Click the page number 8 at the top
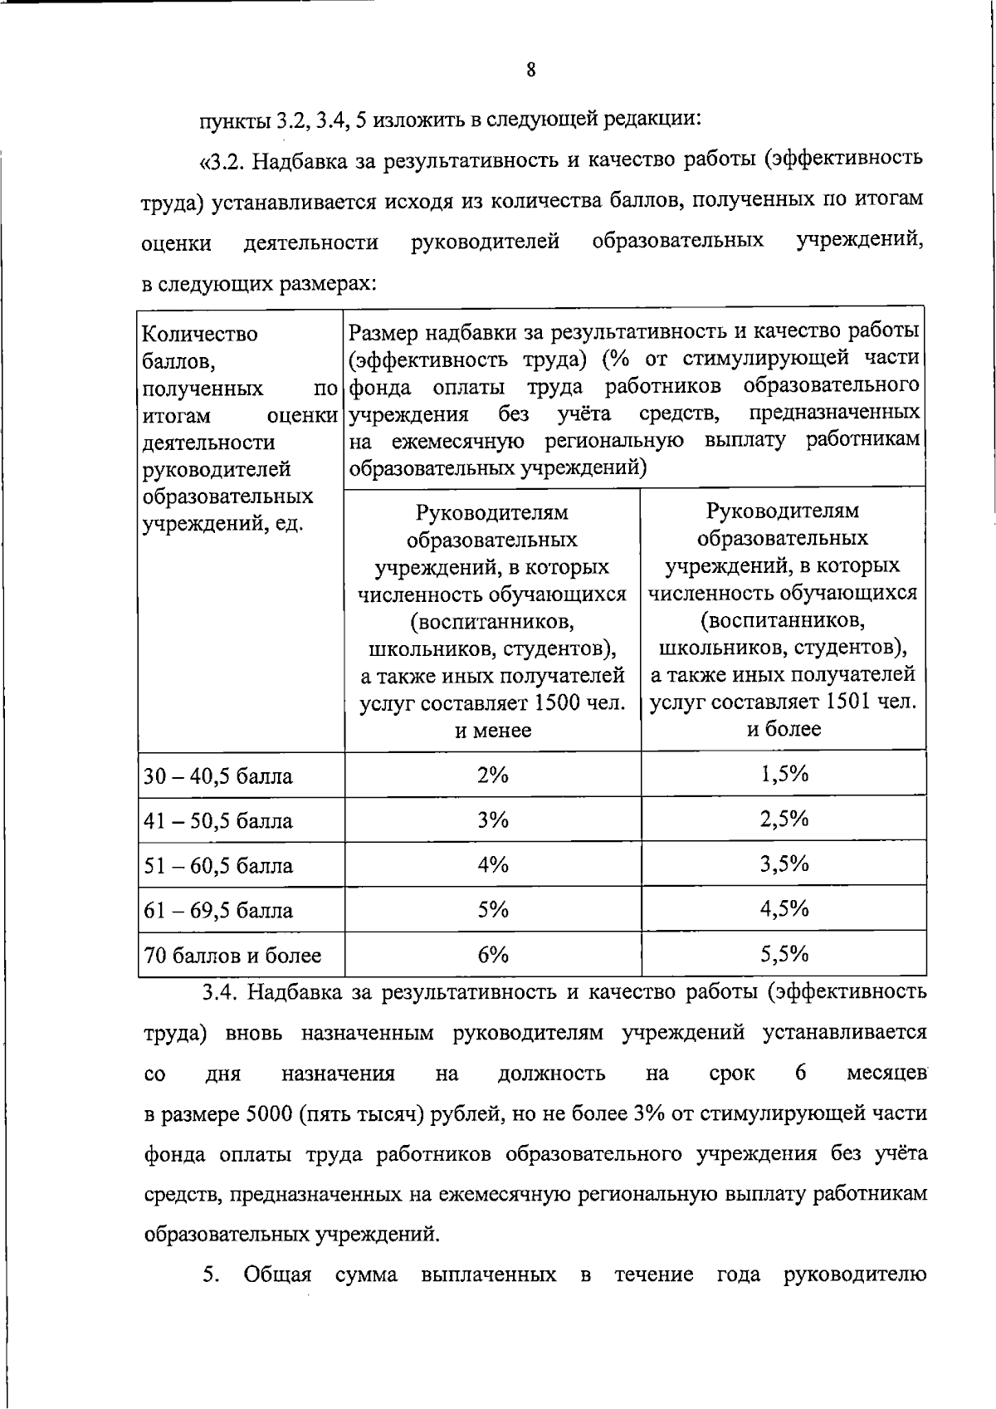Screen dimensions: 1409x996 point(531,71)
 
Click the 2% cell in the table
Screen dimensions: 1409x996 point(492,775)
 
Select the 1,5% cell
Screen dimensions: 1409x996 point(784,774)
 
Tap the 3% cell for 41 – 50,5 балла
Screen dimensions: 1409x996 point(492,819)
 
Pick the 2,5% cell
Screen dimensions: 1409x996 point(784,819)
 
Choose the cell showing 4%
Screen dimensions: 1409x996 point(492,864)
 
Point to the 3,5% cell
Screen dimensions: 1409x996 point(784,864)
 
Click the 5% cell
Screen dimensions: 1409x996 point(492,909)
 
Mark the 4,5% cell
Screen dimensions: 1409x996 point(784,908)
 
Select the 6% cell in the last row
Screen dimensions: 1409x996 point(492,954)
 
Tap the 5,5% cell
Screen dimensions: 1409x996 point(784,953)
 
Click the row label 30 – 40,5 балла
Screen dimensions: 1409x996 point(218,777)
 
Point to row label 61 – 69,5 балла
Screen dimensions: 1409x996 point(218,911)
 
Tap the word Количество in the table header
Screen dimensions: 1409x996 point(200,334)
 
